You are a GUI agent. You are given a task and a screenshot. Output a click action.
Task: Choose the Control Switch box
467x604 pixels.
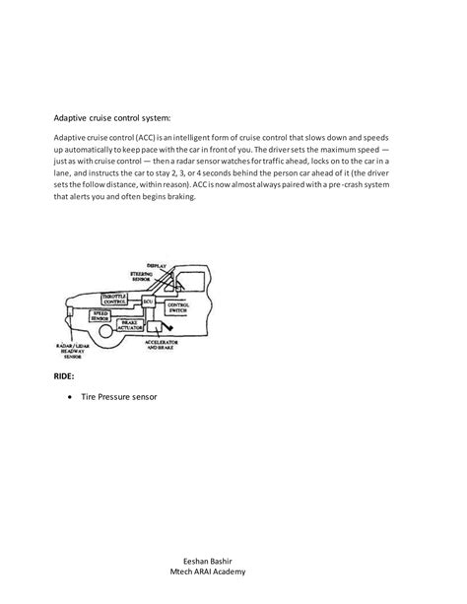[x=179, y=307]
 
